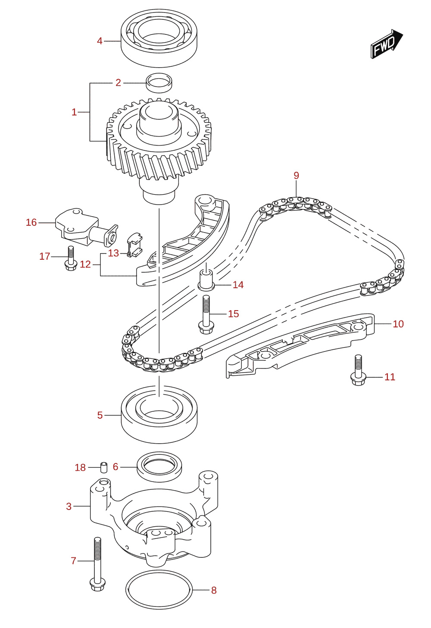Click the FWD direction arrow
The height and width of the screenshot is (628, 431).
387,44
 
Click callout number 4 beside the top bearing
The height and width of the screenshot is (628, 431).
100,41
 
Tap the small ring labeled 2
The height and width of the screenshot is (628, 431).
159,83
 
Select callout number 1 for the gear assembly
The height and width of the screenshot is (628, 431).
74,112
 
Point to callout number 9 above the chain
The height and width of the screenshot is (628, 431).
297,175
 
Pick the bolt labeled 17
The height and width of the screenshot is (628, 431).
71,258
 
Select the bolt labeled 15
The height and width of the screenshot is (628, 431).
206,315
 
